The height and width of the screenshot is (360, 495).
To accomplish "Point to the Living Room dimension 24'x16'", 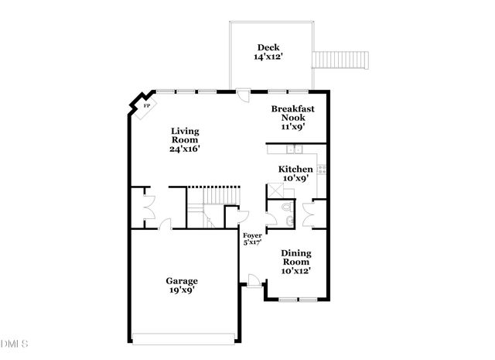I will pos(186,149).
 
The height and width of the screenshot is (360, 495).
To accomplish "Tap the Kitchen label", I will pos(295,169).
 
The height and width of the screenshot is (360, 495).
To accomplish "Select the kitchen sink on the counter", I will pos(294,149).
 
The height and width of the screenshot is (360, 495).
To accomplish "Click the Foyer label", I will pos(252,235).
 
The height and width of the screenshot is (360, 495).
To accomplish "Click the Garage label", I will pos(182,280).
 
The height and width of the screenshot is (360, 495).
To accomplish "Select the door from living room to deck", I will pos(243,96).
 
